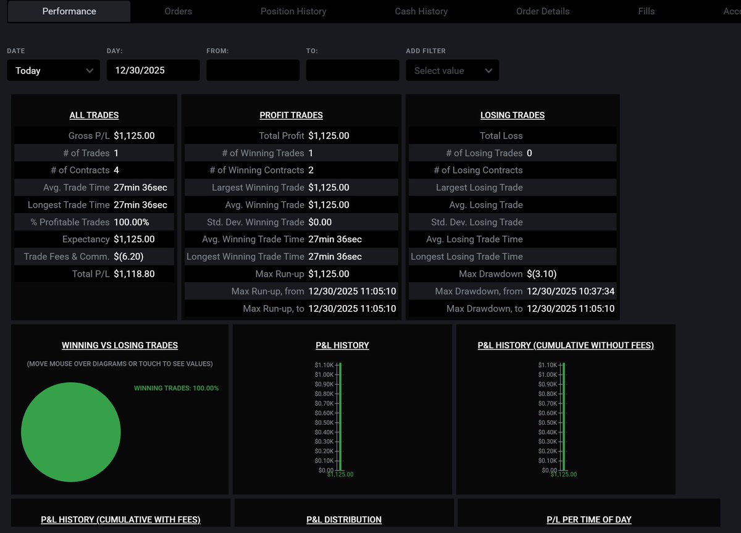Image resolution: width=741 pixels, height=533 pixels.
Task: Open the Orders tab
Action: tap(178, 11)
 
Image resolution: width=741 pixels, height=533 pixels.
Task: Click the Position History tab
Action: tap(293, 11)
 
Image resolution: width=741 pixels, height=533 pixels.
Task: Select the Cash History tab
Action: tap(421, 11)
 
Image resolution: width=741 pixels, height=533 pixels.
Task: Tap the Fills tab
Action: tap(647, 11)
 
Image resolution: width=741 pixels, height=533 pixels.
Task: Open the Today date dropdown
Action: tap(53, 70)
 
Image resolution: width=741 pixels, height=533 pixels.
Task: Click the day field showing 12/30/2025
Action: tap(153, 70)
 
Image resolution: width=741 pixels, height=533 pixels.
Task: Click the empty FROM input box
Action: tap(253, 70)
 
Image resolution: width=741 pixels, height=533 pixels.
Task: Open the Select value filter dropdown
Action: tap(452, 70)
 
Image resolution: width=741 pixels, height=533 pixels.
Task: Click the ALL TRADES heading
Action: tap(94, 115)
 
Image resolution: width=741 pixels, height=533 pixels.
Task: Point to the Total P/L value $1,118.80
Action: tap(134, 274)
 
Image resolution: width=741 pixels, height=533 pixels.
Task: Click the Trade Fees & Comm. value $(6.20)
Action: tap(128, 256)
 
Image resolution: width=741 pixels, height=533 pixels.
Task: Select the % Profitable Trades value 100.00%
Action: tap(132, 222)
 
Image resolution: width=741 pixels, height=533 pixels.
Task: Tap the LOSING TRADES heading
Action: tap(513, 115)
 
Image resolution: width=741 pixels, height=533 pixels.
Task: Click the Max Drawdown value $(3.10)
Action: tap(542, 274)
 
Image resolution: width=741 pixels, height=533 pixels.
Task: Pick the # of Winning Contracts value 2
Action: tap(311, 170)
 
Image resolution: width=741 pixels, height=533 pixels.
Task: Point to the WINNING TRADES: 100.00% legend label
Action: tap(177, 388)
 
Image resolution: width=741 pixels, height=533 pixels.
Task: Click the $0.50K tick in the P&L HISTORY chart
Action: tap(324, 422)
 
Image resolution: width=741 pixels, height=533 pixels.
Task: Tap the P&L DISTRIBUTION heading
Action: tap(344, 519)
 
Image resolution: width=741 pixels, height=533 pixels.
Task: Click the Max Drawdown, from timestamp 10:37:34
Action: tap(571, 291)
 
